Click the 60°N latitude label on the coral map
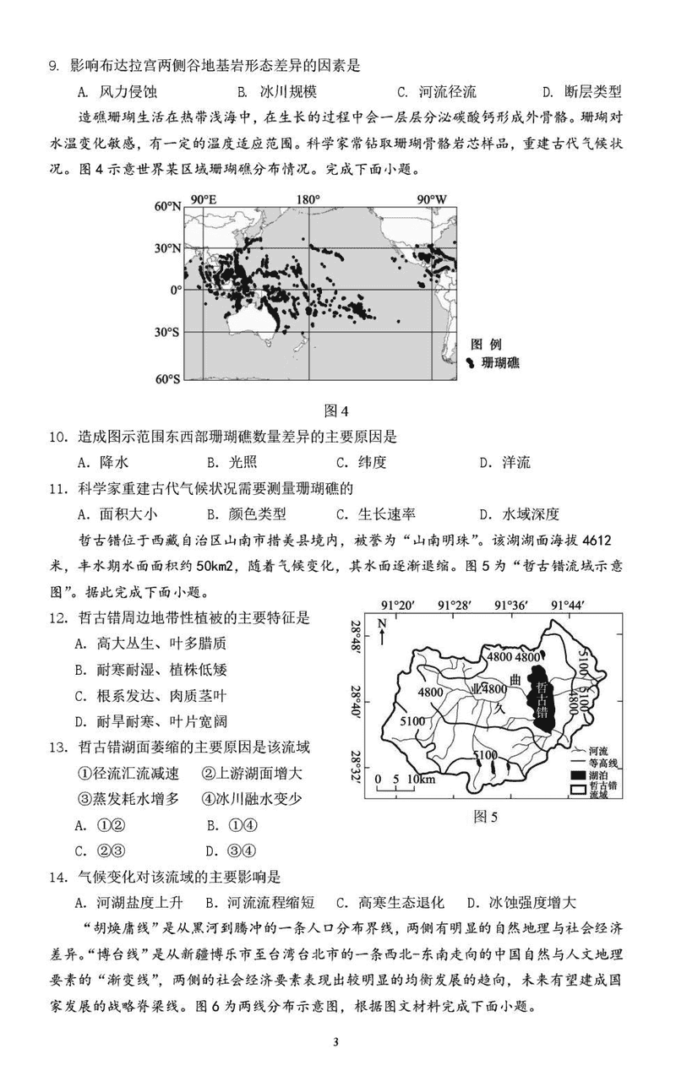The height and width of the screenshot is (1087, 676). coord(166,206)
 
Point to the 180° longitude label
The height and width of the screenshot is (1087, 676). coord(308,198)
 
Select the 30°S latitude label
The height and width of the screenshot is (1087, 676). coord(166,332)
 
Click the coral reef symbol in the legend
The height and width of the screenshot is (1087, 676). coord(470,362)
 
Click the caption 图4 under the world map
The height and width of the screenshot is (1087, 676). coord(336,411)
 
